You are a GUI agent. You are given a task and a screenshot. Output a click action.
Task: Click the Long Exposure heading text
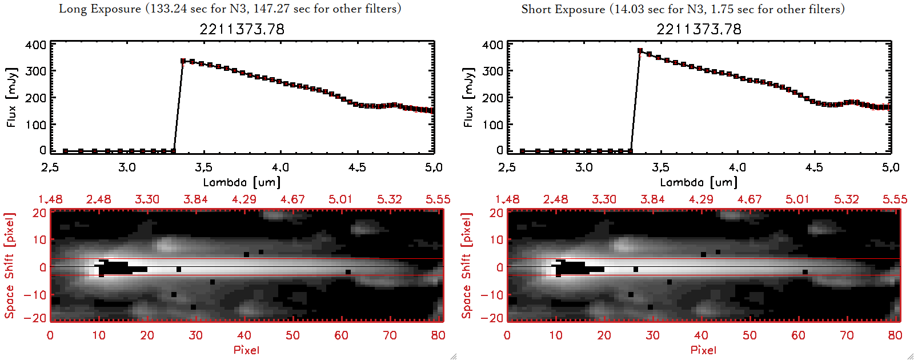pyautogui.click(x=230, y=9)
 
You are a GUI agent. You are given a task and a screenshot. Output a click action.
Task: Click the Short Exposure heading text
pyautogui.click(x=683, y=9)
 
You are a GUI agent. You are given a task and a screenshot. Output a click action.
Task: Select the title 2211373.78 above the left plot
pyautogui.click(x=242, y=29)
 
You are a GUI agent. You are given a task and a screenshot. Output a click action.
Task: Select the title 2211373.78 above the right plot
pyautogui.click(x=699, y=29)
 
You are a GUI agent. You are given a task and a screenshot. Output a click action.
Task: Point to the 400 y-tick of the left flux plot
pyautogui.click(x=36, y=45)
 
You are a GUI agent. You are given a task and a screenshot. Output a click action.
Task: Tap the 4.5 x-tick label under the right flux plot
pyautogui.click(x=814, y=167)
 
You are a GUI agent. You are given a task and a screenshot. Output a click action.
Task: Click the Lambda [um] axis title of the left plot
pyautogui.click(x=242, y=182)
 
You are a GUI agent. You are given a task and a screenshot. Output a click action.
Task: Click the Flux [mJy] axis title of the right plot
pyautogui.click(x=468, y=97)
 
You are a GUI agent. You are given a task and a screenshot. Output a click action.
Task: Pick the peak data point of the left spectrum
pyautogui.click(x=183, y=61)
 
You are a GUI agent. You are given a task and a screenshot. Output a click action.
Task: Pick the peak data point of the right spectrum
pyautogui.click(x=640, y=51)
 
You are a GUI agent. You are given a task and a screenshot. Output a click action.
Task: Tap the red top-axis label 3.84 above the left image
pyautogui.click(x=195, y=199)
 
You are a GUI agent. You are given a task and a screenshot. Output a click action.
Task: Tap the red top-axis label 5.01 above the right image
pyautogui.click(x=797, y=199)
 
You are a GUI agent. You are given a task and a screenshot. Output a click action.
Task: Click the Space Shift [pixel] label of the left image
pyautogui.click(x=9, y=266)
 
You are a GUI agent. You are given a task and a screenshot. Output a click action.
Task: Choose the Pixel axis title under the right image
pyautogui.click(x=703, y=350)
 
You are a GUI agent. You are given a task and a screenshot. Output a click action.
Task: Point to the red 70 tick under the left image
pyautogui.click(x=390, y=335)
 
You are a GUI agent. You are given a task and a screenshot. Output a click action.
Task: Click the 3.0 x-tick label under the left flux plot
pyautogui.click(x=127, y=167)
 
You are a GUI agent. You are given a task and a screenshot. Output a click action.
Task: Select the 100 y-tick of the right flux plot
pyautogui.click(x=493, y=125)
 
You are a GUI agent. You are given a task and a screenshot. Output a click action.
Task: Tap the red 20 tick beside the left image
pyautogui.click(x=39, y=213)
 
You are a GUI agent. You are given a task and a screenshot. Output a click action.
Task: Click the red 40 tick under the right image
pyautogui.click(x=701, y=335)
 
